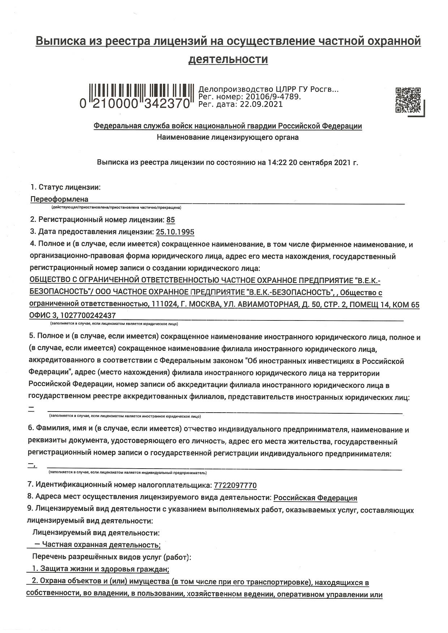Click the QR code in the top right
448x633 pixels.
408,100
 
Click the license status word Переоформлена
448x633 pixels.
59,199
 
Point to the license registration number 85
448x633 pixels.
171,220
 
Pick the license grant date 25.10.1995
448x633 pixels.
175,232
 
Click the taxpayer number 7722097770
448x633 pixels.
235,485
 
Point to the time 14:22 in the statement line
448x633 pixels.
277,162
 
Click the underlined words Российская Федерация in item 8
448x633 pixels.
315,498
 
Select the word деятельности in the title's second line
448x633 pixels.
228,59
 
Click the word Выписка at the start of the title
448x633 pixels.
59,41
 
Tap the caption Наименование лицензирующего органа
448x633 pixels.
228,137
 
